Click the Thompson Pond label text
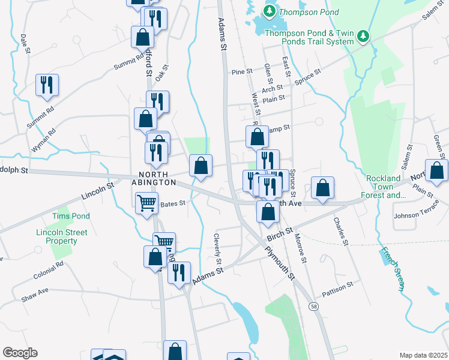pos(304,11)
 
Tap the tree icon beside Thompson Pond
pos(270,11)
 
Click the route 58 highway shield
pos(314,307)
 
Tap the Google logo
pos(20,353)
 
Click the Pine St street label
pos(242,72)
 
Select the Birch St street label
pos(279,232)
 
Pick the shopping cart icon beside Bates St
pos(146,203)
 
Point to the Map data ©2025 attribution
pos(423,355)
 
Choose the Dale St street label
pos(25,44)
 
